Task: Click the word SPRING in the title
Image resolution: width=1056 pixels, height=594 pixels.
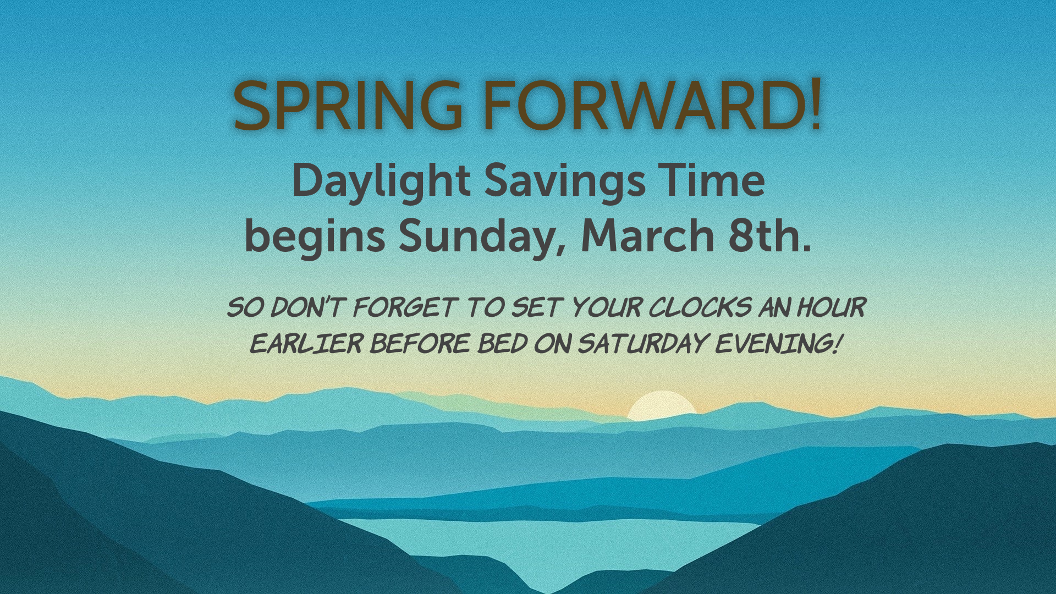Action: click(348, 106)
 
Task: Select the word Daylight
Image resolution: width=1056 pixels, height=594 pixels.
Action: click(381, 182)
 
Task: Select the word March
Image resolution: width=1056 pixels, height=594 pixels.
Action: click(647, 235)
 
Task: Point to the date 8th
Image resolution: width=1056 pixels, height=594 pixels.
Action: click(770, 235)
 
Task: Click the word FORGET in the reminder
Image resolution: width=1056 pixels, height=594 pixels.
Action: click(405, 307)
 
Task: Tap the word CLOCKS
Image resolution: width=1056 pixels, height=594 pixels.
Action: click(700, 307)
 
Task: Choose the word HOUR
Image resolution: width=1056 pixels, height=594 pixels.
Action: click(832, 307)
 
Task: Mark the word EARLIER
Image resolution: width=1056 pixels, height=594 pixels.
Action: click(306, 344)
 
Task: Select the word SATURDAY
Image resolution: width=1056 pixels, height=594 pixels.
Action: click(642, 344)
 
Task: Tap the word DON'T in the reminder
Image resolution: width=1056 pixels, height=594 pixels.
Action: click(309, 307)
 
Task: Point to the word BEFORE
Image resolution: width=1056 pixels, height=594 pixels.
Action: click(420, 344)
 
